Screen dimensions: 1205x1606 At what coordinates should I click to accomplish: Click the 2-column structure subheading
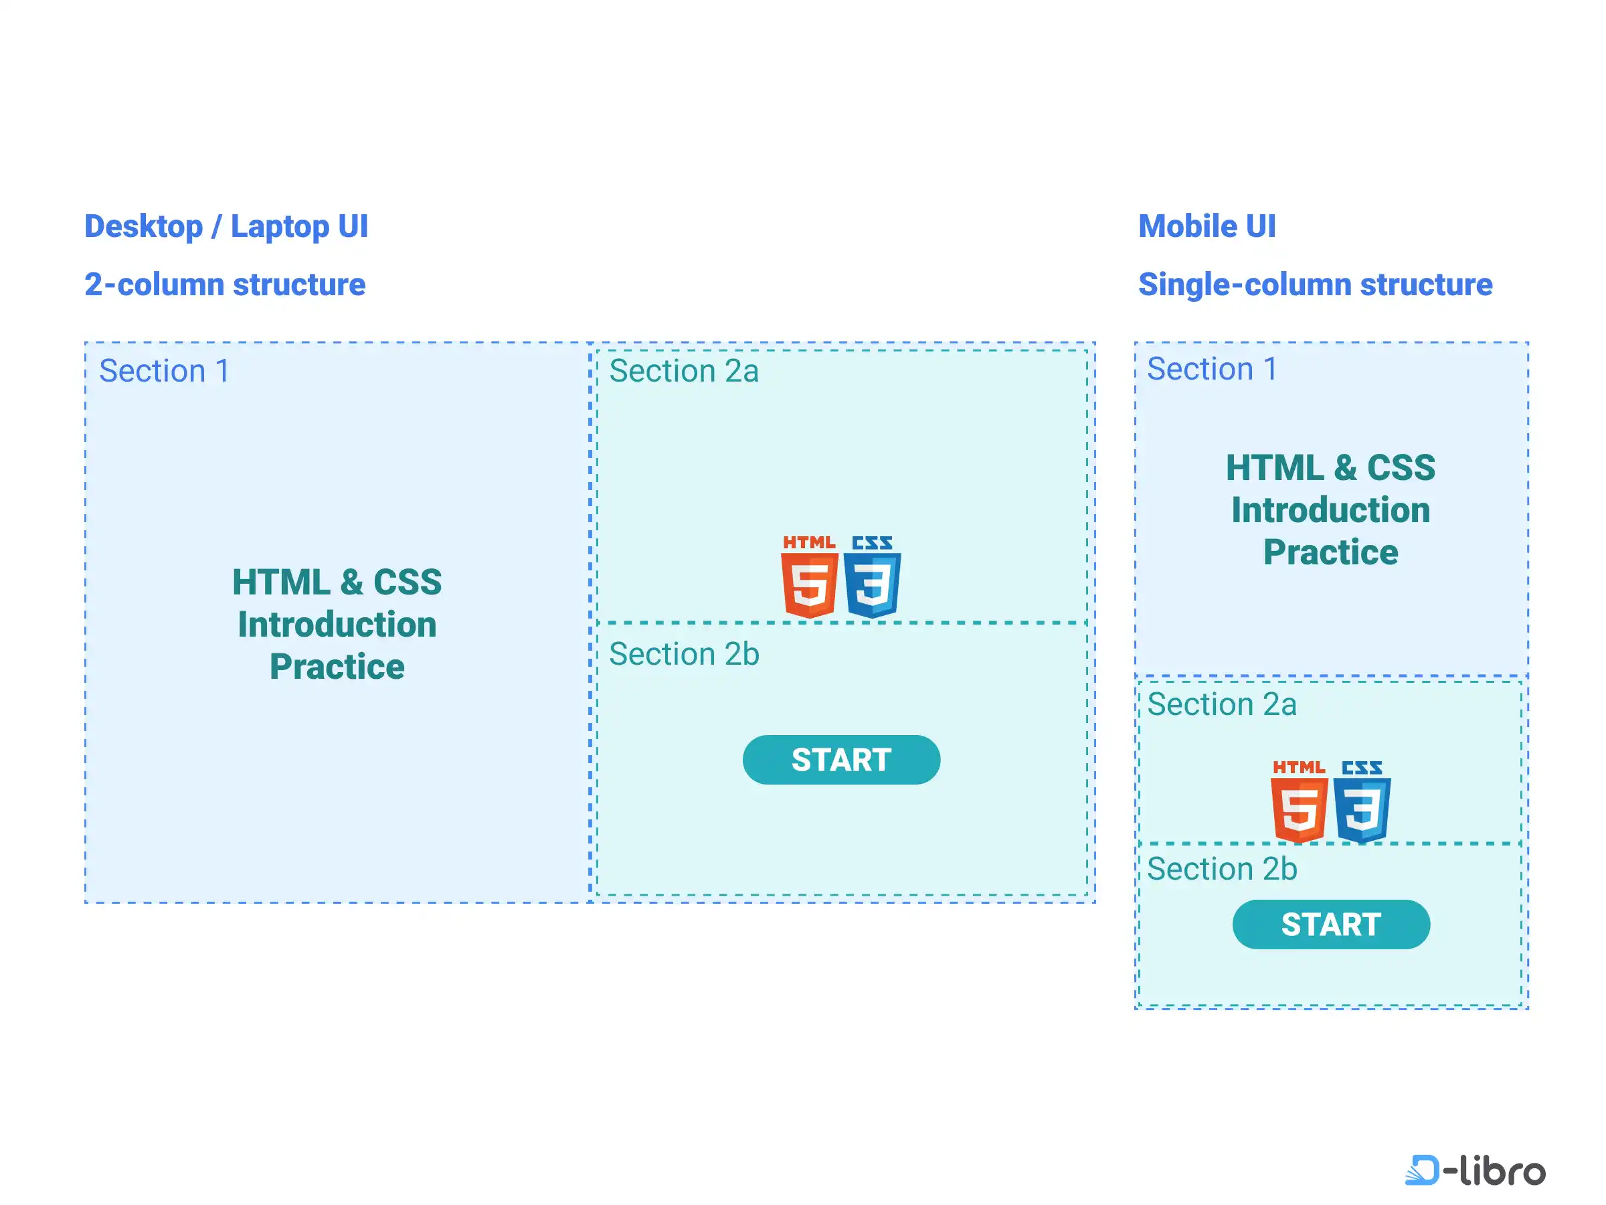point(224,284)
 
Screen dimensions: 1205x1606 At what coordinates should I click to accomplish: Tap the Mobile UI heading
point(1207,227)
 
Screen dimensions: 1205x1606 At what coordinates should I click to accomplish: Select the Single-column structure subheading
point(1315,284)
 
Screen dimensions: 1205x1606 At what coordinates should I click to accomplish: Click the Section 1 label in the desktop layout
point(164,371)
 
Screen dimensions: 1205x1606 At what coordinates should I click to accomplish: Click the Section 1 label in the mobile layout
point(1212,369)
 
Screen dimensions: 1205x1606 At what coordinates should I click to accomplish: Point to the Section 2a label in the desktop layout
point(683,371)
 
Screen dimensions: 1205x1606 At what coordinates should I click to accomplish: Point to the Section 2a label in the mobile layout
point(1222,704)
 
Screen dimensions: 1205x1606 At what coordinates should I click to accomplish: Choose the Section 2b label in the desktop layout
point(684,655)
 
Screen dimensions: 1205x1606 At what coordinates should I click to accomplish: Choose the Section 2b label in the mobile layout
point(1222,870)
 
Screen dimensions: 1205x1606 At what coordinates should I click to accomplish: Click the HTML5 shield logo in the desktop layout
point(810,578)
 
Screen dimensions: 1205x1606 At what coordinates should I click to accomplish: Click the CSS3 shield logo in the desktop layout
point(872,578)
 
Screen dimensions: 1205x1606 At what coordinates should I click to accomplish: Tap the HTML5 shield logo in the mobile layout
point(1299,803)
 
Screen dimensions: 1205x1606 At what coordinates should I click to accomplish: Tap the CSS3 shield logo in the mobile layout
point(1362,803)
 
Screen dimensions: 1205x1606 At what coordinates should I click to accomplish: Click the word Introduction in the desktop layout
point(337,625)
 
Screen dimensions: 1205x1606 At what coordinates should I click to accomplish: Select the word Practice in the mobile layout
point(1330,553)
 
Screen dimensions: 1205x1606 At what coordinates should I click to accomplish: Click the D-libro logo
point(1475,1170)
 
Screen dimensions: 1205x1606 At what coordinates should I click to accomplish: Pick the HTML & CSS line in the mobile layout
point(1330,468)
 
